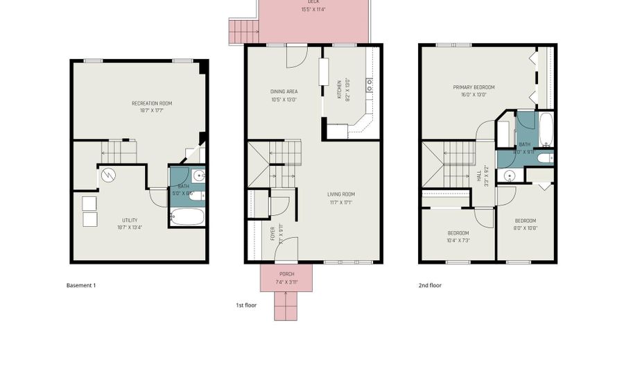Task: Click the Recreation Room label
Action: click(x=152, y=103)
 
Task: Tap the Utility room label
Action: click(x=130, y=221)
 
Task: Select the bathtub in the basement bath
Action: click(x=188, y=216)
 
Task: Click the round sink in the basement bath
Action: click(x=198, y=175)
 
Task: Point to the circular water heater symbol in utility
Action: click(x=107, y=175)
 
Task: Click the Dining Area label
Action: click(x=284, y=92)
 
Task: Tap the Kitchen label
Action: click(x=339, y=89)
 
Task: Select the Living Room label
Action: click(x=341, y=194)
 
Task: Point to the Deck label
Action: click(x=313, y=2)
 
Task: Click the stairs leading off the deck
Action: click(x=243, y=31)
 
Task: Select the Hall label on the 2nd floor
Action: click(x=478, y=176)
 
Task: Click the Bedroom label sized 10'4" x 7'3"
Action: click(x=458, y=233)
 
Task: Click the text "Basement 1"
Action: click(x=80, y=285)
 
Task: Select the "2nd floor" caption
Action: click(x=430, y=285)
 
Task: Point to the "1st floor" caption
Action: click(x=246, y=305)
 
